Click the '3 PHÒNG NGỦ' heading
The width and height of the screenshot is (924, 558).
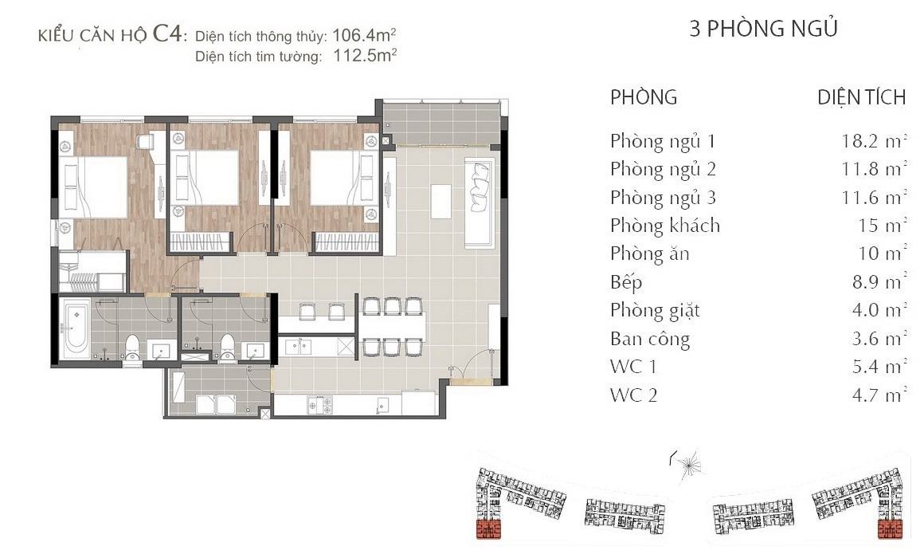point(764,28)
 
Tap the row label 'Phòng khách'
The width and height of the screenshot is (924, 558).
point(664,226)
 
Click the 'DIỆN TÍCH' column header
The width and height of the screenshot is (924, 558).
point(862,97)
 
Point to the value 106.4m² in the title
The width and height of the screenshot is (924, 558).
point(363,35)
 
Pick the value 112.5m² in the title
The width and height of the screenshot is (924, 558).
point(365,56)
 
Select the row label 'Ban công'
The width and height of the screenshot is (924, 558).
point(650,339)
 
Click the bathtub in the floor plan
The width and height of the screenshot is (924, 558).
point(76,329)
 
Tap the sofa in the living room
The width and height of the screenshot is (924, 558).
point(479,202)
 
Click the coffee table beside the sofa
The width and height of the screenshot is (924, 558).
point(440,201)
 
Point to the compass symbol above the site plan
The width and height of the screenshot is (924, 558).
point(687,462)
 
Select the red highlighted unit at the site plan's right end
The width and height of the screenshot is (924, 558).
point(890,529)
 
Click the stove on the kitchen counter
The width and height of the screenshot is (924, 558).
point(319,405)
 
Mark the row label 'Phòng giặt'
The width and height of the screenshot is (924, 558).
point(655,310)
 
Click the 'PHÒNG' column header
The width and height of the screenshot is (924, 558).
point(644,97)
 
